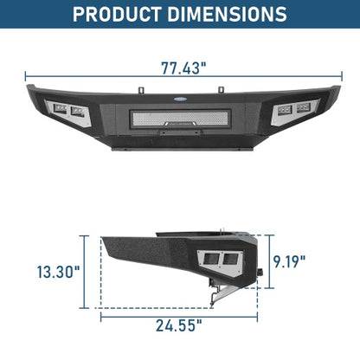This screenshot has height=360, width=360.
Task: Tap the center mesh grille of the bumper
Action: pos(180,118)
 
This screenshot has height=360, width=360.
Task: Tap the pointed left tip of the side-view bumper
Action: pos(103,239)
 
